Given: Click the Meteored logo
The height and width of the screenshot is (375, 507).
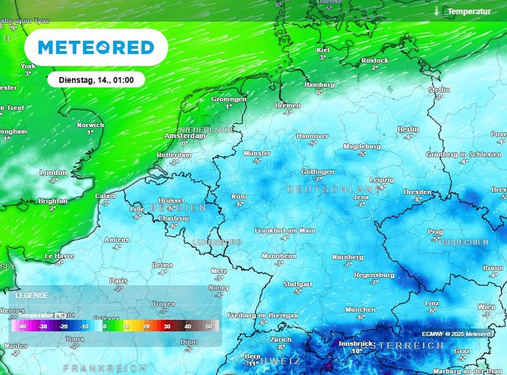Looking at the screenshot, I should tap(96, 47).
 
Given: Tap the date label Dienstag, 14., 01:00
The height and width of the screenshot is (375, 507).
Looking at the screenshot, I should tap(96, 79).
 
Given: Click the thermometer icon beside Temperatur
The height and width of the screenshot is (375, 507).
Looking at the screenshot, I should tap(436, 11).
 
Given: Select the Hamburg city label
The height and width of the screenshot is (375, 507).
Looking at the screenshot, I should tap(319, 85).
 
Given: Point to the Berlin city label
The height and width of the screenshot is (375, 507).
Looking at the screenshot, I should tap(408, 130).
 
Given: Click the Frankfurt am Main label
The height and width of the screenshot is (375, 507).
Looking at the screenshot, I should tap(285, 231).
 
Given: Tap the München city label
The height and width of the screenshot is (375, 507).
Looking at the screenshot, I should tap(360, 310).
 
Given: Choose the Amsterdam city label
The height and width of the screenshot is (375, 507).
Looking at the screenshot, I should tap(185, 136).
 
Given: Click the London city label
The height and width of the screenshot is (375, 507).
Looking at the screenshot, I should tap(53, 173).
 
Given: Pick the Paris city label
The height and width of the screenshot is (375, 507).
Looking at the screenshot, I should tap(118, 281).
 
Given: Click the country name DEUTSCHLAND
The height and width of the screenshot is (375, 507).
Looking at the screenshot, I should tap(334, 189).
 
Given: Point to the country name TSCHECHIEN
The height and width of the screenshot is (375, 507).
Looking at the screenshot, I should tap(463, 242).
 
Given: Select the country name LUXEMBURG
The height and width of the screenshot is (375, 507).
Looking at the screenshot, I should tap(217, 242).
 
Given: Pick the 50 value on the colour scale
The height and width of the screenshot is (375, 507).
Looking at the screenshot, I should tap(208, 327).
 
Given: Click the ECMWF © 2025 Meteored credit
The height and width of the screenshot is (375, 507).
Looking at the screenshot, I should tap(456, 334).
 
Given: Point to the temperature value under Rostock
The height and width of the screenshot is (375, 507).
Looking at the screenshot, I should tap(374, 68).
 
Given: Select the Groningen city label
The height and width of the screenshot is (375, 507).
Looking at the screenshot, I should tap(229, 99).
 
